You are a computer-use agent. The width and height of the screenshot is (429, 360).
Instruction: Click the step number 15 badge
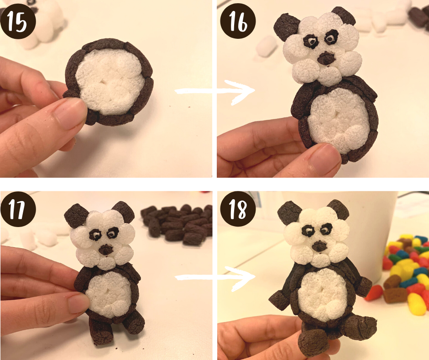[18, 21]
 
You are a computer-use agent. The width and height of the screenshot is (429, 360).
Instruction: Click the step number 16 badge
[238, 21]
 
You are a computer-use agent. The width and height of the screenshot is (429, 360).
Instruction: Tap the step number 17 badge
[18, 209]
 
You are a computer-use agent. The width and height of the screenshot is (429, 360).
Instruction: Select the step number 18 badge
[238, 209]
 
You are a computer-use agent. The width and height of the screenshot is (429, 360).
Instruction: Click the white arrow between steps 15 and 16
[215, 92]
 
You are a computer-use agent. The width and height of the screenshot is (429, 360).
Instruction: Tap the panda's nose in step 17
[106, 250]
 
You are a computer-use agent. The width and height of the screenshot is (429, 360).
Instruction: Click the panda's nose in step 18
[319, 246]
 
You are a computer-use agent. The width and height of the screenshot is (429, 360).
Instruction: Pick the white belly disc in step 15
[110, 82]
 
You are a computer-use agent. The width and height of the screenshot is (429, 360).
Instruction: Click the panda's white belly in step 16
[339, 121]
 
